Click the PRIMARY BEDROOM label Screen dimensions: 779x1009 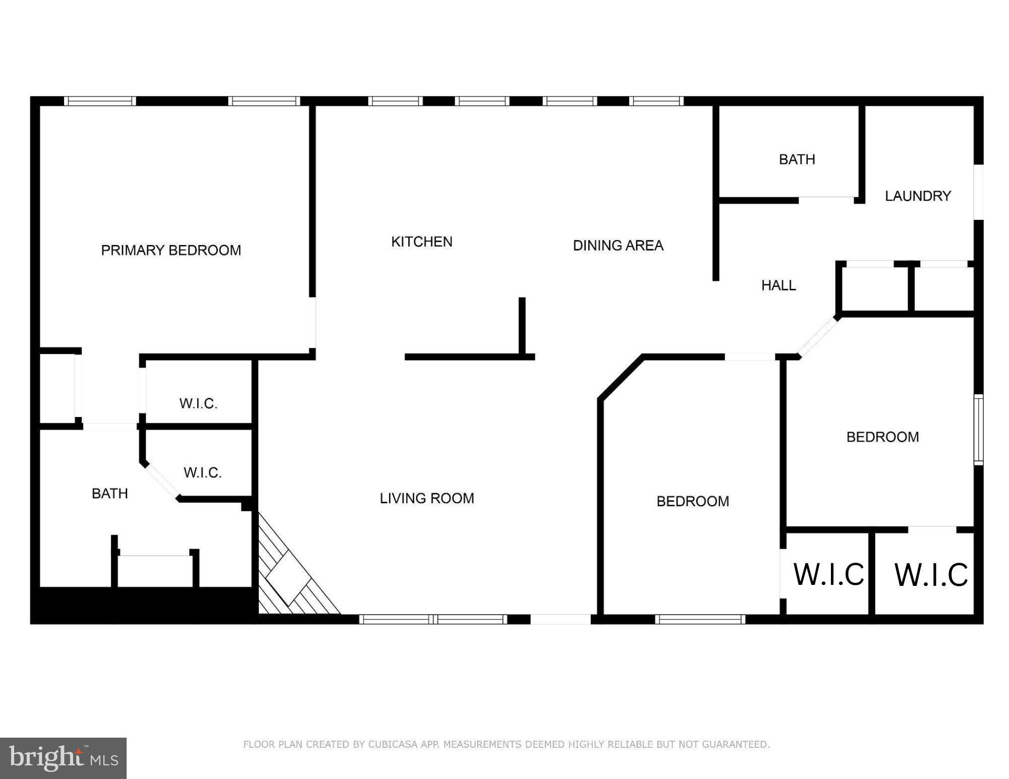171,250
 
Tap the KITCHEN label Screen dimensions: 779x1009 422,242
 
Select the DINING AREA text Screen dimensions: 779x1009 618,246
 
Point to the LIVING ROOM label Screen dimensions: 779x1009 427,498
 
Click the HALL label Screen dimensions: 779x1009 778,285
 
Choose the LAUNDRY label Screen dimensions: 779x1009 918,196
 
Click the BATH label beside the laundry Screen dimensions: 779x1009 797,159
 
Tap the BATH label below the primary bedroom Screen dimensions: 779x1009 109,493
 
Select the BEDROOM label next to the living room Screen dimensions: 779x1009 693,501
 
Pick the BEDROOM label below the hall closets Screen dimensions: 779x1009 882,437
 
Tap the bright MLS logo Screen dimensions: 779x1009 63,758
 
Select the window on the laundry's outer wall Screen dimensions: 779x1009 978,192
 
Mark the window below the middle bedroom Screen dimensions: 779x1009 700,619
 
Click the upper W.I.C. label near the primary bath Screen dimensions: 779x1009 198,403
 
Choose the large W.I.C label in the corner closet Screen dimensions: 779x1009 931,575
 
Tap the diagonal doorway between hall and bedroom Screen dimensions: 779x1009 817,336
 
